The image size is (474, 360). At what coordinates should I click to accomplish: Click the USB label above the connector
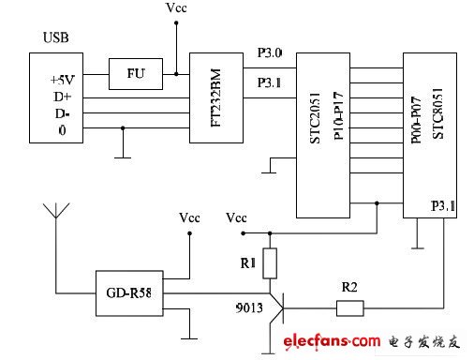(x=54, y=38)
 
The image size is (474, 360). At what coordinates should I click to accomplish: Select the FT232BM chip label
(x=216, y=97)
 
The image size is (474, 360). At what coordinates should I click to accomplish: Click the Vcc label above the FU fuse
(x=175, y=8)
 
